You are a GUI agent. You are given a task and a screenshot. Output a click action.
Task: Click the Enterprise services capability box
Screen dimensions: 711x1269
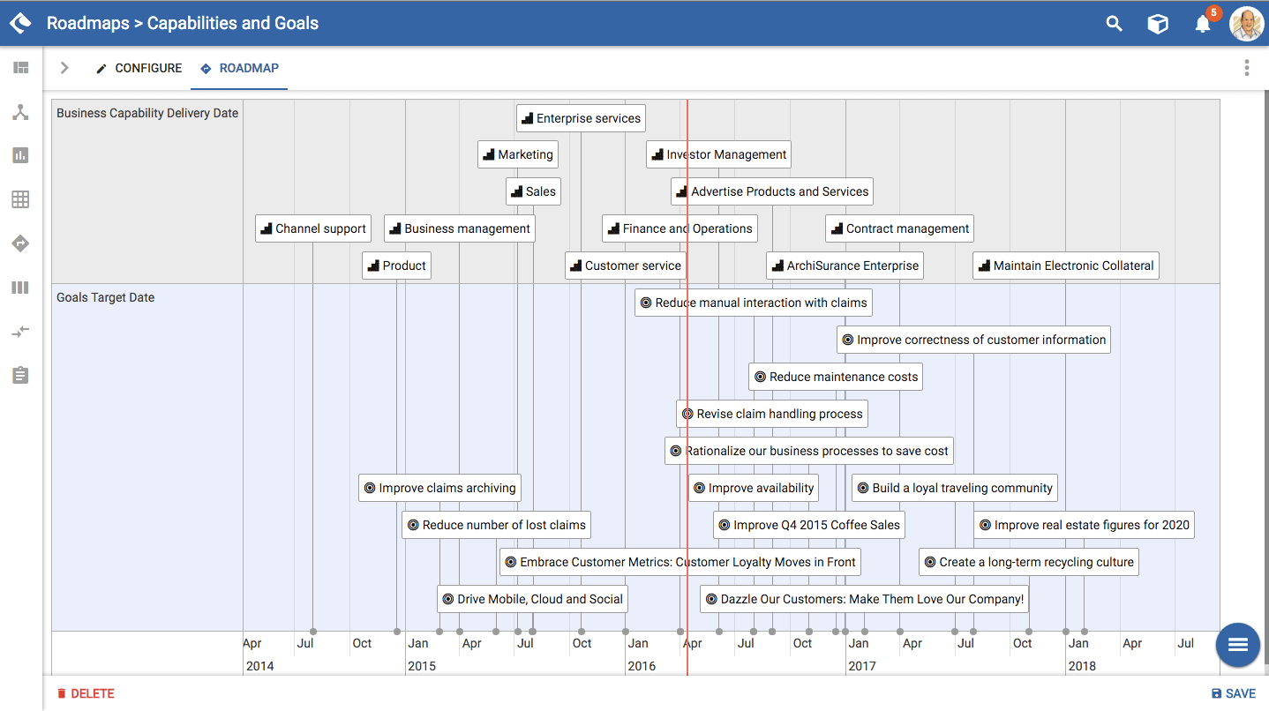(581, 118)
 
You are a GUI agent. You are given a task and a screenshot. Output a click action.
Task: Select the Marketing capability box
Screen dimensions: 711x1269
(518, 154)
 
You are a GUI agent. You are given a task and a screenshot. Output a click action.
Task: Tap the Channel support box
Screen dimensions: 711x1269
(313, 228)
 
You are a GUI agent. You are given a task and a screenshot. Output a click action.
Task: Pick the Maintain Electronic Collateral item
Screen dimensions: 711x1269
(1066, 266)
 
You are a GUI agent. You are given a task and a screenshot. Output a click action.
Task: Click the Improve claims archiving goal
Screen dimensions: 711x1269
(439, 488)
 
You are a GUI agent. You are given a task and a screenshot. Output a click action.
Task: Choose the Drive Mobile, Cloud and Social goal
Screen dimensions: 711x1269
(532, 599)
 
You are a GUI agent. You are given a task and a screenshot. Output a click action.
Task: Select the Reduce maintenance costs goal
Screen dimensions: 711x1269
(836, 377)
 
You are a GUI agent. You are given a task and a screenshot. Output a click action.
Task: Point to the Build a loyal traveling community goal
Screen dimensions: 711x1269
(954, 488)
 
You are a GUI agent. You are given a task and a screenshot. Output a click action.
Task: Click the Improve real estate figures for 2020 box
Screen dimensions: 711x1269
(1085, 525)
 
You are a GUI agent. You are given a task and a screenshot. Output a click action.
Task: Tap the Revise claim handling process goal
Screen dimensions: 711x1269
(772, 414)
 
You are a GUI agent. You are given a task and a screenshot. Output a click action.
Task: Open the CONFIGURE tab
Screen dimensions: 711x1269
(139, 68)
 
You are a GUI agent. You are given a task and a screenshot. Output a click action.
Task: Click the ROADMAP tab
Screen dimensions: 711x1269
(239, 68)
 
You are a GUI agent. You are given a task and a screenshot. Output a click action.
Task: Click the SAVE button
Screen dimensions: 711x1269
(1233, 693)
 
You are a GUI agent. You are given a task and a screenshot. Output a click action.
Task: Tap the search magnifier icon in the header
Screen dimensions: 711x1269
(1114, 24)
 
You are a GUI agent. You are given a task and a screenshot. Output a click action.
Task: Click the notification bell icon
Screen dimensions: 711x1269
(1202, 24)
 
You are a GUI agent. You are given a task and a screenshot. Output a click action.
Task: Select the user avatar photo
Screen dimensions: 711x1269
(1246, 24)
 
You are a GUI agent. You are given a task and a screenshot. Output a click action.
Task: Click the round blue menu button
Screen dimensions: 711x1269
(1237, 645)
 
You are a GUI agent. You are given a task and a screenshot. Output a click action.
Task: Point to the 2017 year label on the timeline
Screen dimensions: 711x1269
(862, 666)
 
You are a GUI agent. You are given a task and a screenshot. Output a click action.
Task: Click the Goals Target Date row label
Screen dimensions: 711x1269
(106, 297)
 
